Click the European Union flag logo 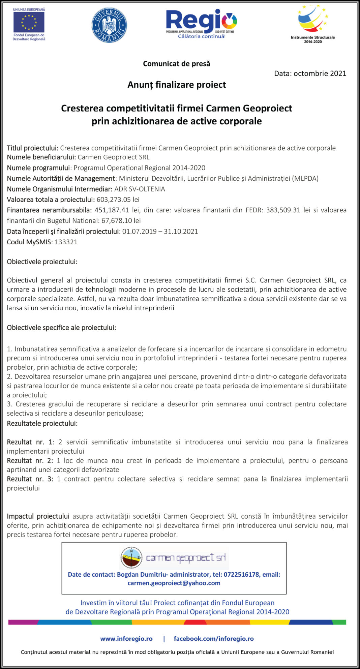click(29, 22)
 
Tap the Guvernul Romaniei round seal click(109, 25)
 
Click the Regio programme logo click(202, 24)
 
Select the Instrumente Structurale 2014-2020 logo click(313, 24)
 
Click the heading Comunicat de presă click(177, 64)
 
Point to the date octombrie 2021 click(320, 73)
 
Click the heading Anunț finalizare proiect click(177, 85)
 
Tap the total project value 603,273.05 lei click(118, 200)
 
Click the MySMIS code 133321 click(66, 242)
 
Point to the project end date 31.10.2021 click(181, 232)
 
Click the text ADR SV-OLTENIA click(140, 189)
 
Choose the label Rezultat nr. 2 click(30, 460)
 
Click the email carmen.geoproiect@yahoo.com click(174, 583)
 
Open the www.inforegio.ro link click(126, 639)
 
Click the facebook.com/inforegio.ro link click(214, 639)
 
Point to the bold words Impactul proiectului click(38, 516)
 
